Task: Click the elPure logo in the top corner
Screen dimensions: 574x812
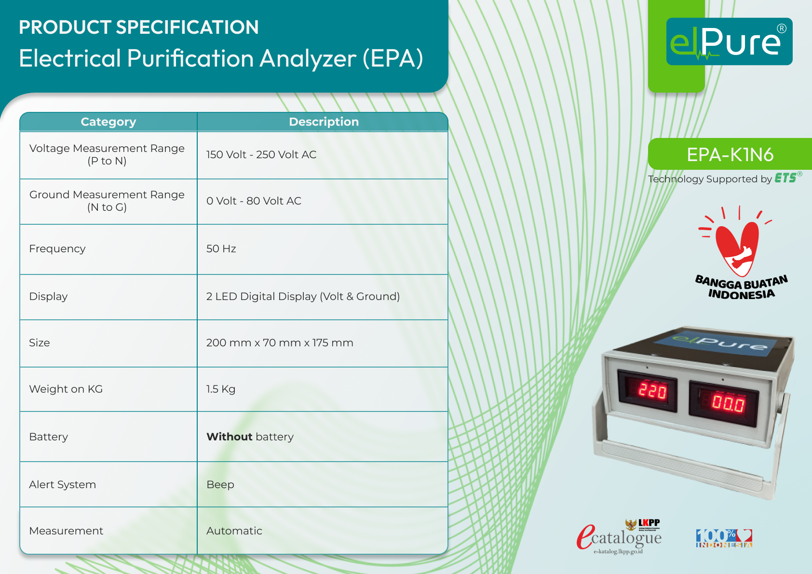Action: pyautogui.click(x=729, y=41)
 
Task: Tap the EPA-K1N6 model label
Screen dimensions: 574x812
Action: pyautogui.click(x=730, y=154)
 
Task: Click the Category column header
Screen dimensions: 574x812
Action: pyautogui.click(x=108, y=122)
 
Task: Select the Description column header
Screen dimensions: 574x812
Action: pyautogui.click(x=324, y=122)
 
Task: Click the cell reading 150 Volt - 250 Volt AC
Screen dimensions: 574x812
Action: pyautogui.click(x=261, y=154)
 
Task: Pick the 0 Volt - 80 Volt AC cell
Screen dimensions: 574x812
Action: pyautogui.click(x=254, y=201)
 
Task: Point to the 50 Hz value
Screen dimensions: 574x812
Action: pyautogui.click(x=221, y=248)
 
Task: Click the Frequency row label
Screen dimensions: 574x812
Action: pyautogui.click(x=57, y=248)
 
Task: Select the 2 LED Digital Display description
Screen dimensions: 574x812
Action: pyautogui.click(x=303, y=296)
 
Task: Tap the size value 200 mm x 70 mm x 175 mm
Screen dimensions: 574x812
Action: pyautogui.click(x=280, y=342)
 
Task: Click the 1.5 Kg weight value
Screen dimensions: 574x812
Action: pyautogui.click(x=221, y=389)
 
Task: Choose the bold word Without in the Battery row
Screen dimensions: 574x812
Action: pyautogui.click(x=230, y=437)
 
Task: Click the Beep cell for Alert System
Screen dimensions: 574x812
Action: pyautogui.click(x=220, y=484)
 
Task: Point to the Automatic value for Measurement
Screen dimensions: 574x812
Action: pyautogui.click(x=234, y=531)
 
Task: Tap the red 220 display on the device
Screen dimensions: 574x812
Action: pyautogui.click(x=652, y=390)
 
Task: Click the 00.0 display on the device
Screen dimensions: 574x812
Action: pyautogui.click(x=728, y=403)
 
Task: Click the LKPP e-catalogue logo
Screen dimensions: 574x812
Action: pyautogui.click(x=619, y=537)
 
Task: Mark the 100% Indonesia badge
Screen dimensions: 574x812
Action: pyautogui.click(x=724, y=538)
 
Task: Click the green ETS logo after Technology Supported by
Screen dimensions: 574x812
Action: pyautogui.click(x=785, y=178)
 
